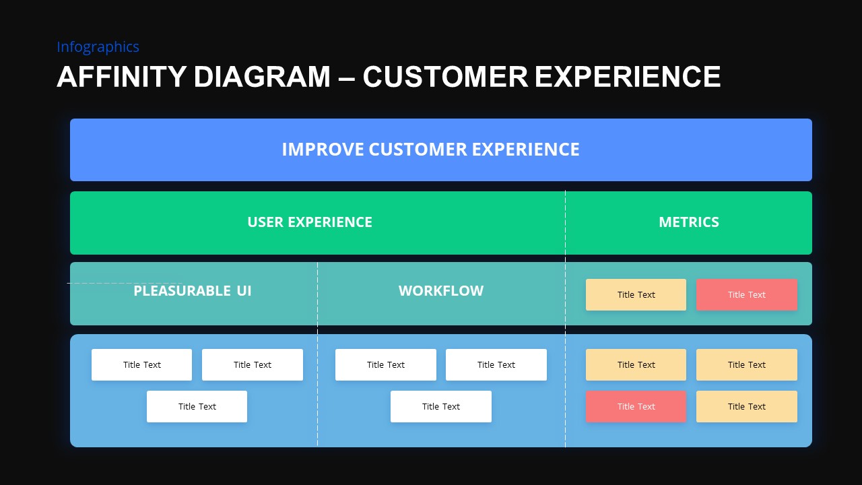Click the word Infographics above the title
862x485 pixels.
tap(98, 47)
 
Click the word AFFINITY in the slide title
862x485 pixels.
tap(121, 77)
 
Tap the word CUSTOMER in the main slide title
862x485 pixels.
tap(445, 77)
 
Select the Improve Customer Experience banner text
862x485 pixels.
tap(430, 150)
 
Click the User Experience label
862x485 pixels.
tap(309, 222)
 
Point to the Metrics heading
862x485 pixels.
tap(688, 222)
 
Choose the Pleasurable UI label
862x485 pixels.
tap(192, 291)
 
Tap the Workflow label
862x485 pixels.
tap(440, 291)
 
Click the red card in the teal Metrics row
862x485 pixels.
tap(746, 295)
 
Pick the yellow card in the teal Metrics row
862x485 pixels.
tap(636, 295)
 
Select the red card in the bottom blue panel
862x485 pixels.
tap(636, 407)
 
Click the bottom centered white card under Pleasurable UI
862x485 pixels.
tap(197, 407)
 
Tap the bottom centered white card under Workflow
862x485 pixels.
tap(440, 407)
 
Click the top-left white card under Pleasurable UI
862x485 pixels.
tap(141, 365)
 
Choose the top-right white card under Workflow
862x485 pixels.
tap(496, 365)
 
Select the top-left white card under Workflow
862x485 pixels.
tap(385, 365)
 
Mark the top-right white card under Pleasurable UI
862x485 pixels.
tap(252, 365)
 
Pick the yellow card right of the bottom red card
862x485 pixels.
tap(746, 407)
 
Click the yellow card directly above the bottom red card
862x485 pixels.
tap(636, 365)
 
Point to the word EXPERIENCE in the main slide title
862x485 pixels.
tap(628, 77)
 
